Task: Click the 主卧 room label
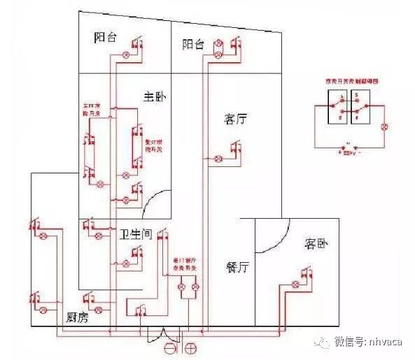(x=153, y=95)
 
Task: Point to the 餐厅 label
(x=239, y=267)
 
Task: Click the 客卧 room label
(x=316, y=244)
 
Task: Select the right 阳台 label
(x=192, y=45)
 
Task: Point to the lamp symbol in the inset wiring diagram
(x=383, y=127)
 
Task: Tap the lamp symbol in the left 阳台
(x=127, y=54)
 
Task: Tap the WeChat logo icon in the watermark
(x=323, y=342)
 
